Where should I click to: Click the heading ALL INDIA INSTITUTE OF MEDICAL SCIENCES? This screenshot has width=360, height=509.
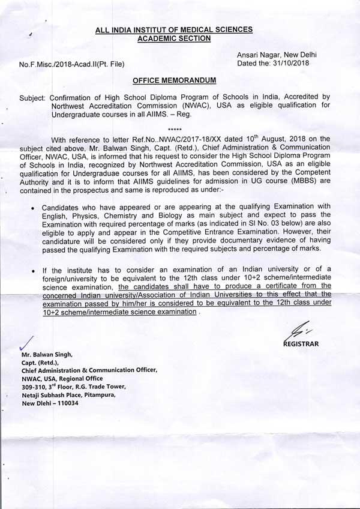(x=173, y=29)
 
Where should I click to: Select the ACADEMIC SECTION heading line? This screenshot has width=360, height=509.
(x=173, y=38)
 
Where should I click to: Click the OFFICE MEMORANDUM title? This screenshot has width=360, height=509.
(x=174, y=80)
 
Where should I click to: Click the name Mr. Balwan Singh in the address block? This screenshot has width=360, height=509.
(x=47, y=355)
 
